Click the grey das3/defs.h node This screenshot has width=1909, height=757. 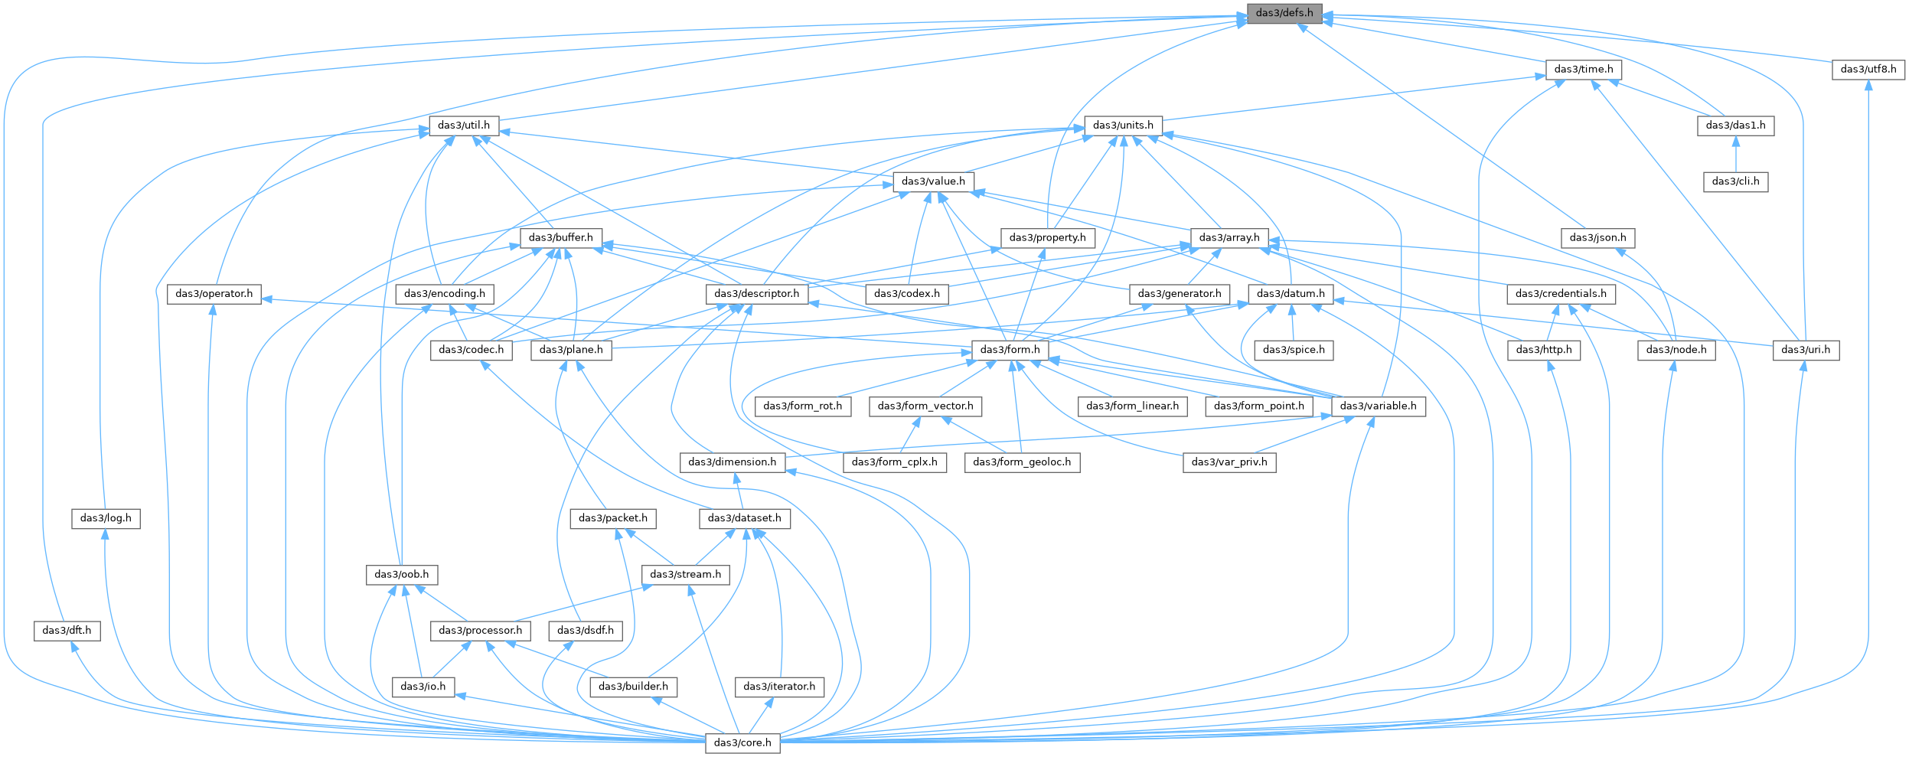1284,13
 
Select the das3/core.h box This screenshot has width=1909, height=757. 742,742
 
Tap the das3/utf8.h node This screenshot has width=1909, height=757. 1868,70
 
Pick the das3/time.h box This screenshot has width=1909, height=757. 1583,70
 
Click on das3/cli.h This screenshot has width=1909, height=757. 1735,181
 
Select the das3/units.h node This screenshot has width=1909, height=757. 1123,126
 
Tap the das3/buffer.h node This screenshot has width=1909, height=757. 561,238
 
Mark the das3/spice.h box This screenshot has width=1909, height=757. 1294,350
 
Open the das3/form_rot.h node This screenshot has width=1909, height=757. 802,406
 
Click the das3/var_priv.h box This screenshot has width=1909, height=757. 1229,462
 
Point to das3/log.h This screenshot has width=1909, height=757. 105,518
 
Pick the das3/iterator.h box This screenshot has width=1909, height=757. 780,687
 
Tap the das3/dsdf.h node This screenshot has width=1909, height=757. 586,631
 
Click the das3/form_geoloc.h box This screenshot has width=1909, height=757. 1022,462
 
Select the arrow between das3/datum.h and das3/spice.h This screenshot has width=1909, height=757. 1293,322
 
